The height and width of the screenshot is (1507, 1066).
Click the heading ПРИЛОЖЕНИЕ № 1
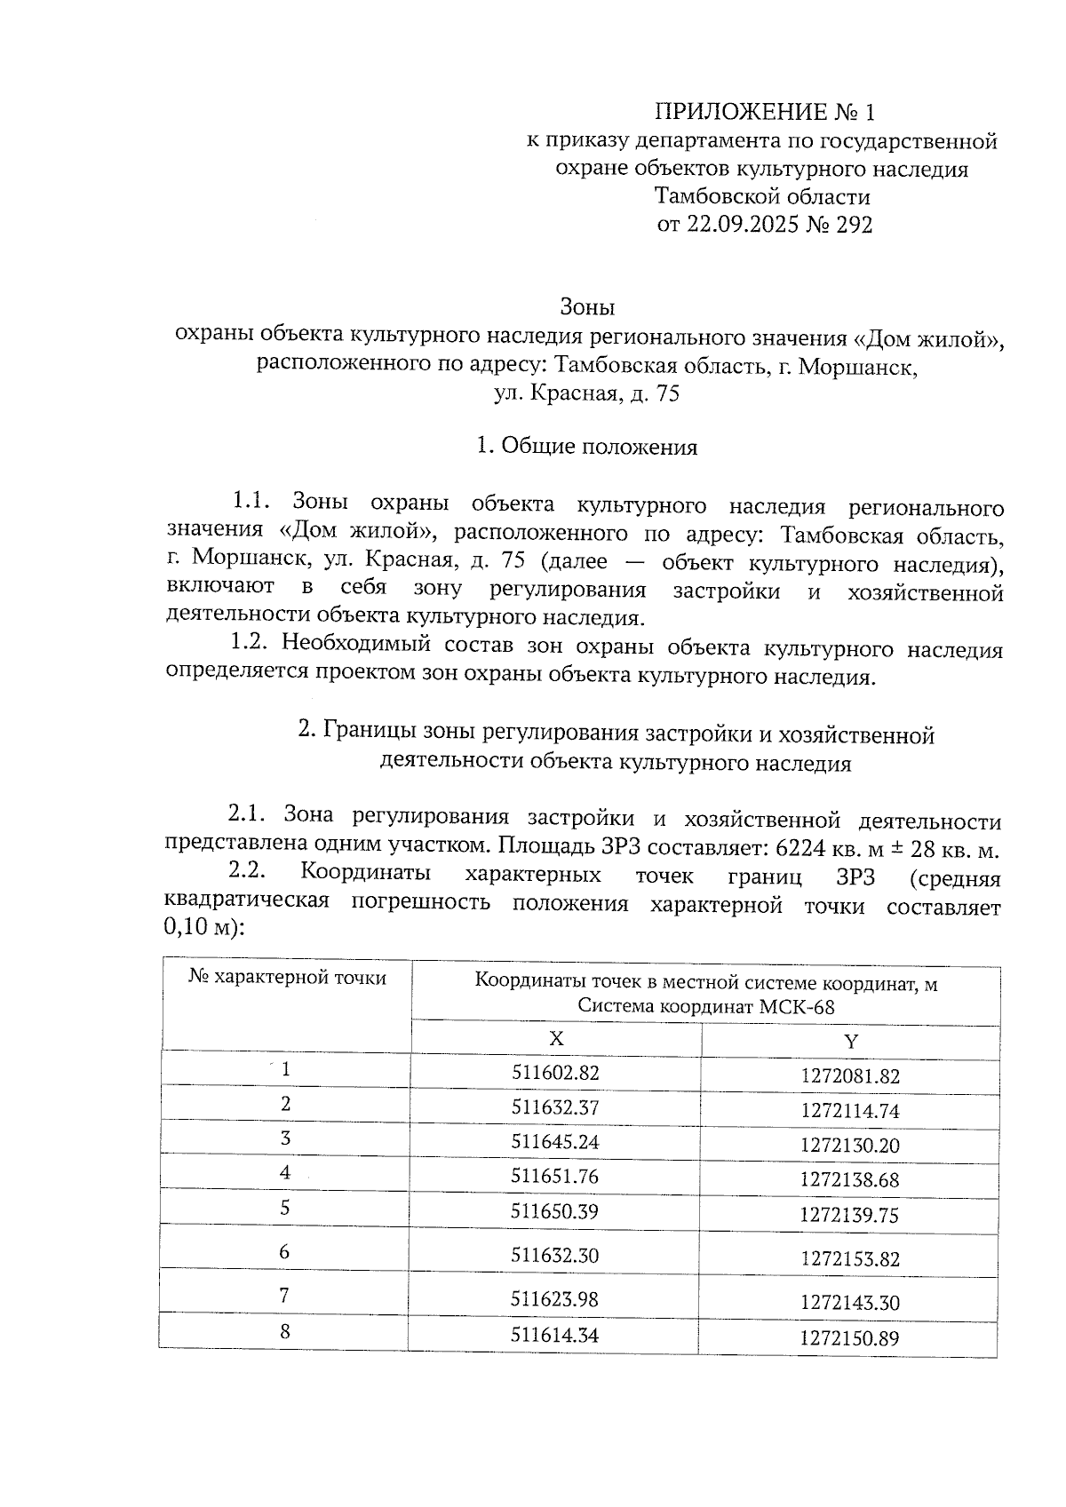click(765, 112)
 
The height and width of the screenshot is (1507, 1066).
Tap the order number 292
click(854, 225)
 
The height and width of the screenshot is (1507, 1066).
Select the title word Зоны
click(587, 307)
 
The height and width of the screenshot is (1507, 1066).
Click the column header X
click(556, 1039)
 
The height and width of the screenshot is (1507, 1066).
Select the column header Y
click(850, 1041)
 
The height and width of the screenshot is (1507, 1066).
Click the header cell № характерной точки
click(287, 978)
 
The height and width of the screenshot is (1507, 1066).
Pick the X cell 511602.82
click(555, 1073)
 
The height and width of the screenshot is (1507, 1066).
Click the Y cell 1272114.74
click(849, 1110)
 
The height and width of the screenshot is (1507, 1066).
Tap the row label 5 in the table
click(285, 1208)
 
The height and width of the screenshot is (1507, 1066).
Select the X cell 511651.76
click(555, 1177)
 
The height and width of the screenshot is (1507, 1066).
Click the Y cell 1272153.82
click(849, 1258)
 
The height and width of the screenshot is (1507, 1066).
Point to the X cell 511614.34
click(555, 1333)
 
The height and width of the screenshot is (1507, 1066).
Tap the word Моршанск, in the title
click(857, 366)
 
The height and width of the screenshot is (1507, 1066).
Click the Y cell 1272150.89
click(849, 1337)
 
